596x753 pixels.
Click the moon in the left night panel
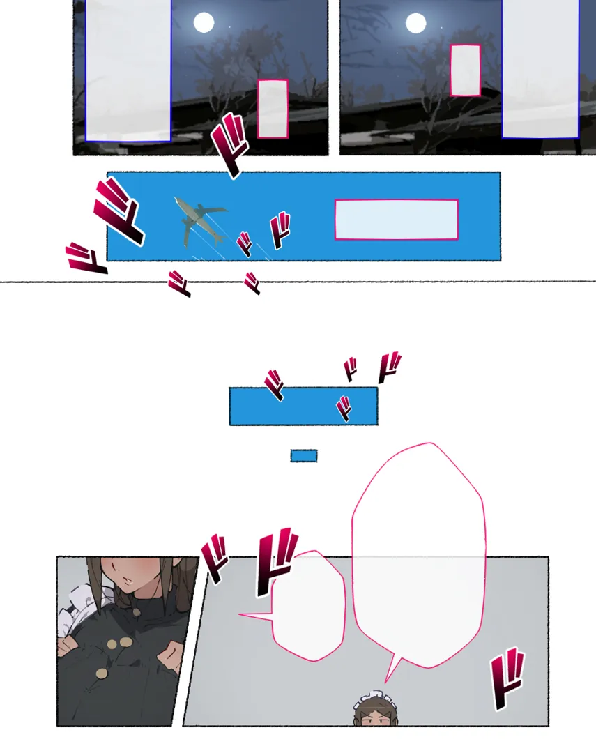coord(204,22)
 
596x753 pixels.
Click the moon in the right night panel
coord(416,23)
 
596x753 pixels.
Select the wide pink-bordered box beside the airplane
coord(396,220)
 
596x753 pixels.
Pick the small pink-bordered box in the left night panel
coord(273,109)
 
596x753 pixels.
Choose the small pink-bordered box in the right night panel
coord(466,70)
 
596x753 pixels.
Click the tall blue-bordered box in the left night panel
coord(128,70)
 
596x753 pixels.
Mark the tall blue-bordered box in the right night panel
coord(540,69)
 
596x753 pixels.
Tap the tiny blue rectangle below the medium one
coord(303,456)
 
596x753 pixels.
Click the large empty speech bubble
coord(419,552)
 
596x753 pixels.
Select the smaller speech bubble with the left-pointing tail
coord(308,606)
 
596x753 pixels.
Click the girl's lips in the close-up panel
coord(129,581)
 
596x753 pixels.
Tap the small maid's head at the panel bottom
coord(376,710)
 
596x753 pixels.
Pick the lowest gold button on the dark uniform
coord(101,674)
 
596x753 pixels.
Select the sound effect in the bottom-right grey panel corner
coord(507,678)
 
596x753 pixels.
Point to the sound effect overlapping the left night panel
coord(229,144)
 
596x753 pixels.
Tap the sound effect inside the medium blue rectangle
coord(344,409)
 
